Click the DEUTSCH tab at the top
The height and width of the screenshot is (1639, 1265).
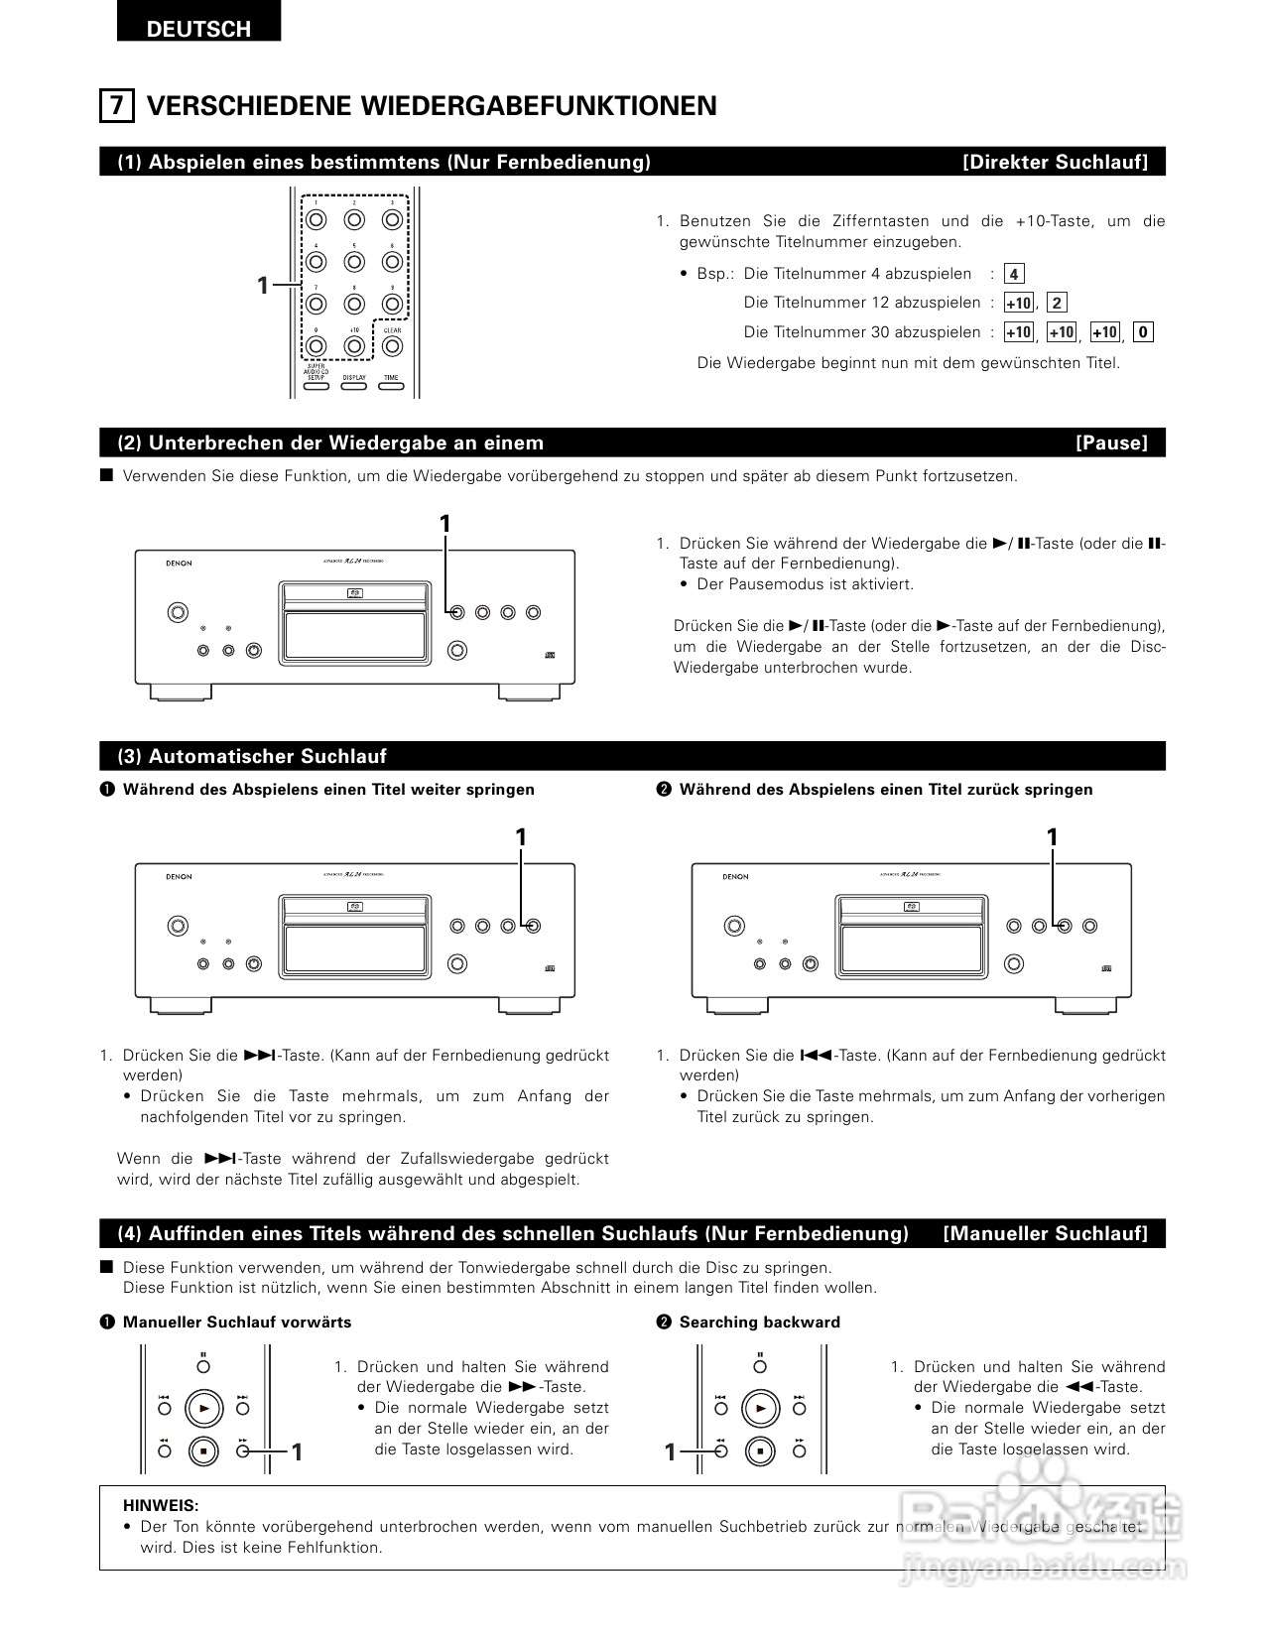pos(198,28)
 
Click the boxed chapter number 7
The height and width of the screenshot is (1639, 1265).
pos(117,105)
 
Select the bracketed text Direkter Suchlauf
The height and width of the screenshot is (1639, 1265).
pos(1055,162)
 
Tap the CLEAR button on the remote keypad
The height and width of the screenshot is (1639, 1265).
pos(392,346)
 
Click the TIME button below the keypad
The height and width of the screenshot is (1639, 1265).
pos(392,385)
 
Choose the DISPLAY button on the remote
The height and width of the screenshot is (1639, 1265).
pos(354,385)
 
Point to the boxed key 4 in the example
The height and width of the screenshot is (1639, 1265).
pos(1013,274)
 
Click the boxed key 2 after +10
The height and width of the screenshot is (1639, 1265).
pos(1057,304)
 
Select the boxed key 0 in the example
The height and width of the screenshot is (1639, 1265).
pos(1143,332)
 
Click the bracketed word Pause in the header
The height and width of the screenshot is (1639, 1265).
pos(1111,442)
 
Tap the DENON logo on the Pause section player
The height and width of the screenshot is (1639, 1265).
pos(180,563)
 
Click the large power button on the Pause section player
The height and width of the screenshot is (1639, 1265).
pos(177,612)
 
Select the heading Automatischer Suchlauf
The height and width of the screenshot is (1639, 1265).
pos(252,756)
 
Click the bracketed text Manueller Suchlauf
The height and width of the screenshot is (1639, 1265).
pos(1045,1233)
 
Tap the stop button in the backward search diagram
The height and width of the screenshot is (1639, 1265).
pos(760,1450)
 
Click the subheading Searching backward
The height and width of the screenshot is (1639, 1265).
pos(759,1322)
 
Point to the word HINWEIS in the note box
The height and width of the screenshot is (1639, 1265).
pos(161,1505)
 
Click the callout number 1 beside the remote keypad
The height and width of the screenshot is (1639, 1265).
pos(263,286)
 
